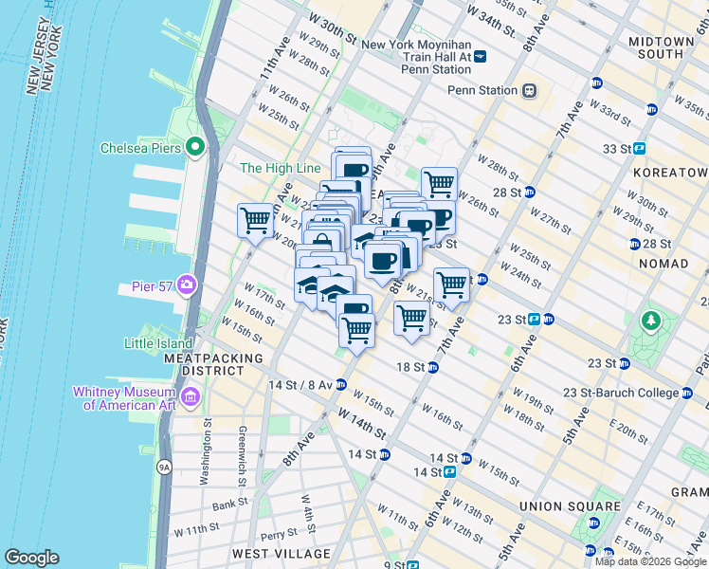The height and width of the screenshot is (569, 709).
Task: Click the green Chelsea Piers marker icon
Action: pyautogui.click(x=195, y=147)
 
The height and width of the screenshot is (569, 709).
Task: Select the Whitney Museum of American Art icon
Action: pyautogui.click(x=192, y=398)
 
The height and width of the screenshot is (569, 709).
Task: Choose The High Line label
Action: pyautogui.click(x=280, y=168)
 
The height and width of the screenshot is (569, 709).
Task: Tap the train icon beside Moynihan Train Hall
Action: pyautogui.click(x=480, y=57)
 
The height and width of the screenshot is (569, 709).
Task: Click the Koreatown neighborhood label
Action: pyautogui.click(x=673, y=172)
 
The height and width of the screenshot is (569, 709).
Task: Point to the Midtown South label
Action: pyautogui.click(x=661, y=47)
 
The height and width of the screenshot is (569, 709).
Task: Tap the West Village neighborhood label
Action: pyautogui.click(x=282, y=554)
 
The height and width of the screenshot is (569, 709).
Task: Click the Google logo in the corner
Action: pyautogui.click(x=31, y=558)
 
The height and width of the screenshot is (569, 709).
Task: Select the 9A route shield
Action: pyautogui.click(x=163, y=467)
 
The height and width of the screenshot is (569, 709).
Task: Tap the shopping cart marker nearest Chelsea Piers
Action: pyautogui.click(x=255, y=221)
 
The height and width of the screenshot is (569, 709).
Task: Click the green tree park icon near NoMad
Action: pyautogui.click(x=649, y=321)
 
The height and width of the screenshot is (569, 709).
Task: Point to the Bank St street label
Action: pyautogui.click(x=229, y=505)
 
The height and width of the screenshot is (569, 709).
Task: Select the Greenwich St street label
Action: pyautogui.click(x=244, y=456)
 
